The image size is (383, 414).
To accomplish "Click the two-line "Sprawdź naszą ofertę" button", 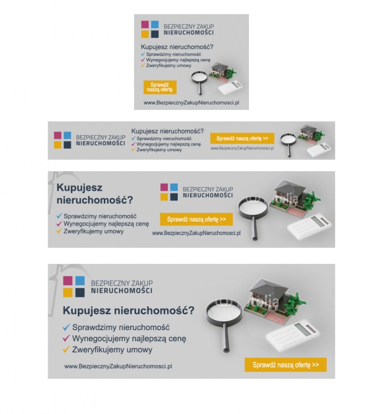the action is (160, 87).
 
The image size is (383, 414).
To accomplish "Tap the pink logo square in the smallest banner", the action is (145, 24).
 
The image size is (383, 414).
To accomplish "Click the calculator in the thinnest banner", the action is (319, 150).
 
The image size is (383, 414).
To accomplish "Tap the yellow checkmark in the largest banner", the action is (66, 349).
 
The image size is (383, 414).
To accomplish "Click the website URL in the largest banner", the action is (118, 366).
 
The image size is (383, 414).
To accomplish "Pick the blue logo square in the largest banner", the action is (80, 280).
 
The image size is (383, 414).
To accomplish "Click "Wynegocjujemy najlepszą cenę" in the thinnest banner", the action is (169, 144).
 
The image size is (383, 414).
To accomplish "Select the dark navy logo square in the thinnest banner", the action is (67, 145).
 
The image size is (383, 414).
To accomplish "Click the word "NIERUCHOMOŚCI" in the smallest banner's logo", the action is (188, 33).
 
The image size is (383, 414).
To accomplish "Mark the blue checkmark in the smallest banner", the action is (143, 54).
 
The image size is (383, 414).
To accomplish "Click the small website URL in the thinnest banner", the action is (242, 148).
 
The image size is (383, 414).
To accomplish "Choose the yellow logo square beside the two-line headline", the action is (164, 197).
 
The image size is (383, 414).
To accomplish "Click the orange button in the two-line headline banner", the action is (196, 219).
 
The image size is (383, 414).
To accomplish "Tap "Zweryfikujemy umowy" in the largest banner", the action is (112, 349).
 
